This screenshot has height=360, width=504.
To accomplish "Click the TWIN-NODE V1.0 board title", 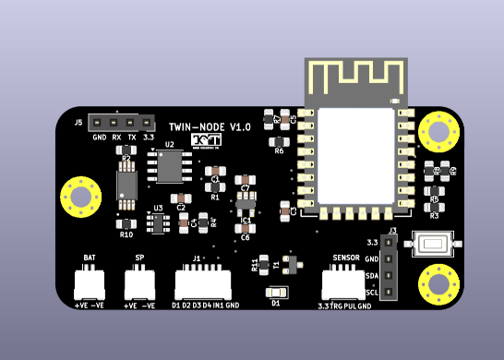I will click(x=210, y=126).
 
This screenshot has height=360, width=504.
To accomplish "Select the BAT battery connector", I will click(x=90, y=279).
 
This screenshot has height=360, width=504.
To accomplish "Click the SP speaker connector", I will click(x=139, y=279).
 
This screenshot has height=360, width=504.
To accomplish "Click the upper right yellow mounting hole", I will click(x=438, y=131).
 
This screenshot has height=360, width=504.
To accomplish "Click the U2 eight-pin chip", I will click(x=174, y=167).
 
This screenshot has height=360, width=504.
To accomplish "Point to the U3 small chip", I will click(x=159, y=223).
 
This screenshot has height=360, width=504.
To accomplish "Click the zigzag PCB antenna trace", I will click(x=355, y=80).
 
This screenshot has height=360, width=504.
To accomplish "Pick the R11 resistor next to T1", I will click(x=264, y=264).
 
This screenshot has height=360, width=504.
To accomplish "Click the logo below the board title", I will click(x=206, y=139).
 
